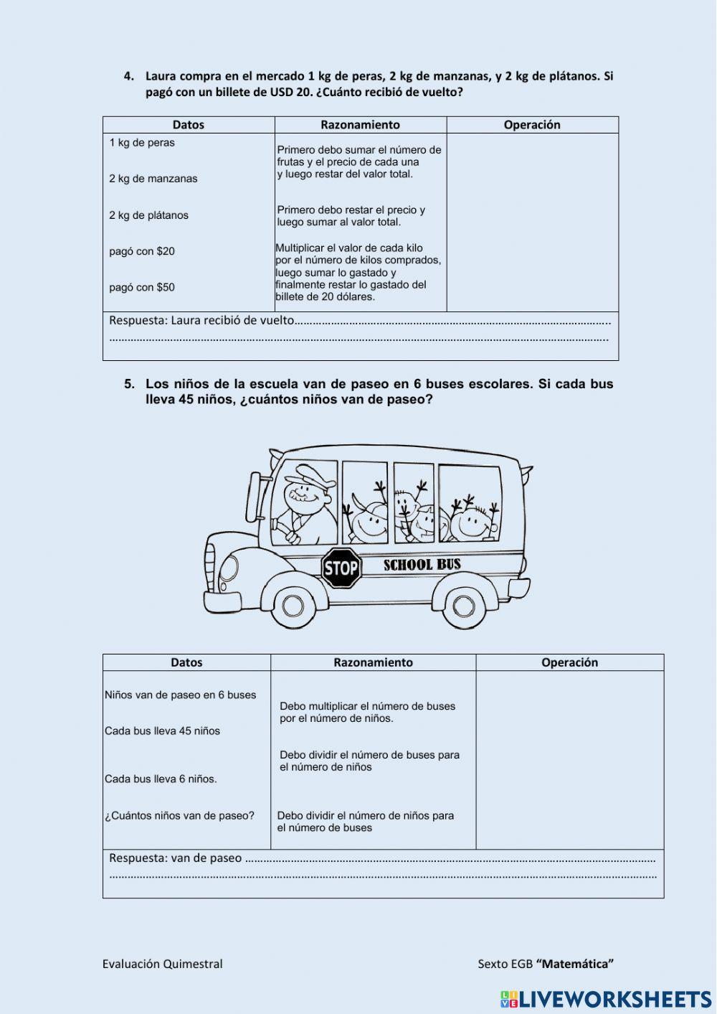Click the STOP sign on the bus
point(341,568)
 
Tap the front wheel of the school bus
point(293,604)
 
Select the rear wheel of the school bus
point(463,606)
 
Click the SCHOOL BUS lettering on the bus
point(422,565)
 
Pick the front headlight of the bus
point(229,568)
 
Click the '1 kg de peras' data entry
point(142,143)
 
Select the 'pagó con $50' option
point(142,287)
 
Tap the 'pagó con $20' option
point(142,251)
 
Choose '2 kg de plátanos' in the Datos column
point(148,215)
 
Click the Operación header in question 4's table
point(532,125)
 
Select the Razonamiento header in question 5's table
point(373,662)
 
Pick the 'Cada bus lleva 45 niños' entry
point(162,731)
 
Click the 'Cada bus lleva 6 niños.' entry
point(161,779)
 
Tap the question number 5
point(129,384)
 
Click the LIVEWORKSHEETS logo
point(606,999)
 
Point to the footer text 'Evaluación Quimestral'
point(162,964)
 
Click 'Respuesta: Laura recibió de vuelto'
point(201,320)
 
